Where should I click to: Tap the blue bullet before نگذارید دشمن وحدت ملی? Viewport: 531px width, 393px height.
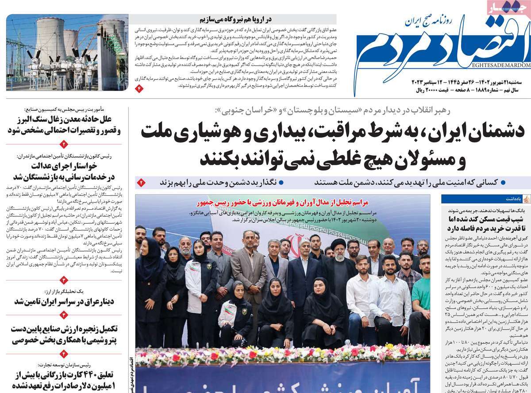[281, 182]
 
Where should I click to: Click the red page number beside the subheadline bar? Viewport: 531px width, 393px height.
[141, 182]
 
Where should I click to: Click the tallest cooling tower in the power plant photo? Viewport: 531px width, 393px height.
[50, 35]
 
